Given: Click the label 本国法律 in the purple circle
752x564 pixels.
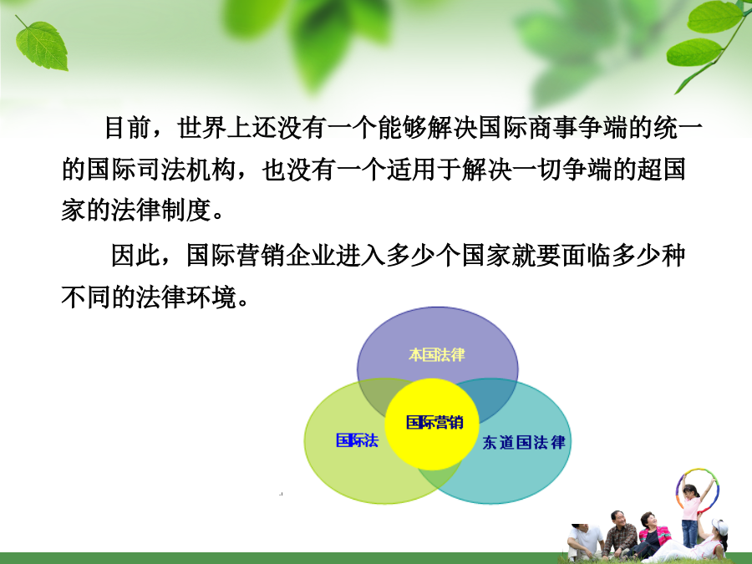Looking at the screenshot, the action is tap(437, 354).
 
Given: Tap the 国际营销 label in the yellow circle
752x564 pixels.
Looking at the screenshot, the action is tap(434, 422).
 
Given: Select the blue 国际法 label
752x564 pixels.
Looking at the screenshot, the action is tap(358, 440).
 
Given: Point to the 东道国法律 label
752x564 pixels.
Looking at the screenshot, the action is tap(524, 442).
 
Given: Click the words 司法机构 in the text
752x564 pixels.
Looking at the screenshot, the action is tap(186, 170).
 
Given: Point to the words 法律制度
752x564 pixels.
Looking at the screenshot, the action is tap(161, 211).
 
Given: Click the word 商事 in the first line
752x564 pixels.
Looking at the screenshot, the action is tap(553, 128).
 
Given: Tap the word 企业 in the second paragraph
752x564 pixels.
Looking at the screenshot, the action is tap(311, 255).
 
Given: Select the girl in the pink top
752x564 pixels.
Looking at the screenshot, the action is tap(691, 511).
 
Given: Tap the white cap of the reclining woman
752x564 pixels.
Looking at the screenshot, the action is tap(719, 526).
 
